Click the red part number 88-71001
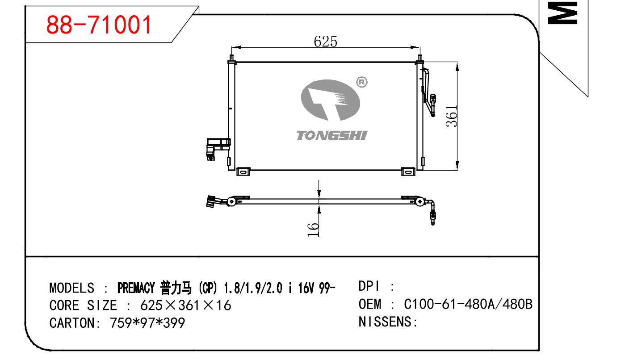click(99, 25)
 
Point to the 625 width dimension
click(325, 42)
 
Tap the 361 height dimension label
click(451, 116)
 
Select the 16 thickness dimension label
click(313, 230)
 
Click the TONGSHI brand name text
click(332, 135)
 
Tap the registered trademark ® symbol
click(362, 82)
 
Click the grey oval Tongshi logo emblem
click(330, 100)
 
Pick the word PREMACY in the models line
click(136, 288)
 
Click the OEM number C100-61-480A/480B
click(468, 304)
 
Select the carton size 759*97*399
click(147, 323)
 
